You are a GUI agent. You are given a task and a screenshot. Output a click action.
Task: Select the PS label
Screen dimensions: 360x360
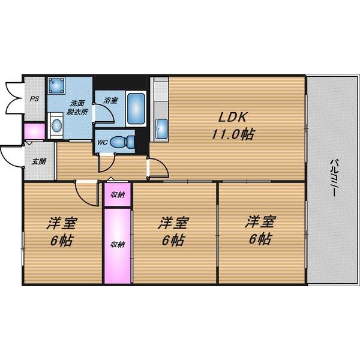pos(35,99)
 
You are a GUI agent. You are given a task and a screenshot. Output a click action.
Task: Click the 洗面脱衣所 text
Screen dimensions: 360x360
pos(77,107)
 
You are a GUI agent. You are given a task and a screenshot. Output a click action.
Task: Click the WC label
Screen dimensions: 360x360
pos(103,143)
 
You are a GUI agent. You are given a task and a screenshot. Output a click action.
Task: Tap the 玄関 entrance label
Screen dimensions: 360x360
pos(39,161)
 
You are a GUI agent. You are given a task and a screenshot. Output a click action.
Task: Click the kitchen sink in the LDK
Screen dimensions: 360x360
pos(161,127)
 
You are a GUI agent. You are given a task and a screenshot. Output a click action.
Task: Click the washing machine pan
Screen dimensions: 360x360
pos(58,88)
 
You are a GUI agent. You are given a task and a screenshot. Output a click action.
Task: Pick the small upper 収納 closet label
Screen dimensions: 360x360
pos(117,194)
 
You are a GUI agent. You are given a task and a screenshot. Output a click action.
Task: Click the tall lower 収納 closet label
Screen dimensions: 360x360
pos(117,244)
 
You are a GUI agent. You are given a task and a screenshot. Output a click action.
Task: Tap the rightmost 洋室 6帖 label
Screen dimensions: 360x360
pos(259,231)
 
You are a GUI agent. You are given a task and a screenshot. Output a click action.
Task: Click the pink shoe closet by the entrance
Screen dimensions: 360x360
pos(34,131)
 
